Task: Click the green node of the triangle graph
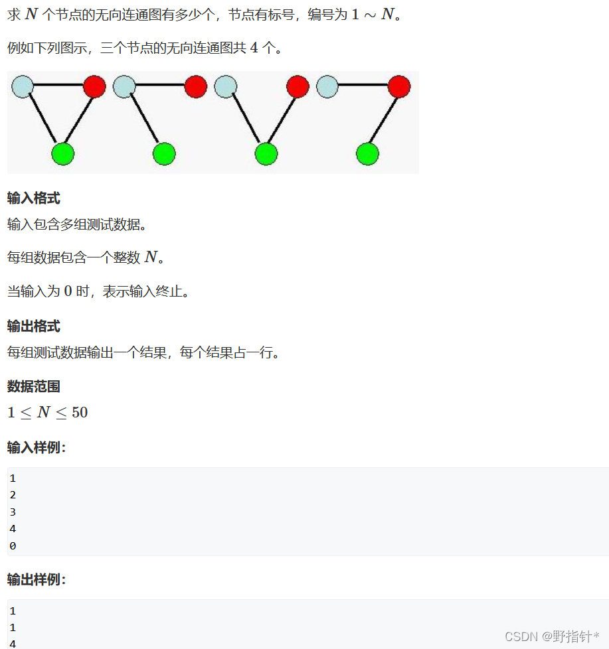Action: pyautogui.click(x=62, y=153)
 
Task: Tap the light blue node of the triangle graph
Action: pyautogui.click(x=23, y=86)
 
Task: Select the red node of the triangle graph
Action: pyautogui.click(x=94, y=86)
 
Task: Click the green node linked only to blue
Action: pyautogui.click(x=163, y=153)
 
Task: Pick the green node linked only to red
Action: pyautogui.click(x=367, y=153)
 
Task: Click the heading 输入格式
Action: pyautogui.click(x=34, y=198)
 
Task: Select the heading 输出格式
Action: pyautogui.click(x=34, y=326)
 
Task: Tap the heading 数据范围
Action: pyautogui.click(x=34, y=386)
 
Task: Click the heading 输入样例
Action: pyautogui.click(x=37, y=447)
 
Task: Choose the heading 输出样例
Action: pyautogui.click(x=37, y=579)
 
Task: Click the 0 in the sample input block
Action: pyautogui.click(x=13, y=545)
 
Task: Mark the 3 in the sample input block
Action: pyautogui.click(x=13, y=512)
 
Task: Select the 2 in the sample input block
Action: pyautogui.click(x=13, y=494)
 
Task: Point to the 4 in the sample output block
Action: pyautogui.click(x=13, y=643)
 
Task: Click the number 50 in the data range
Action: pyautogui.click(x=80, y=412)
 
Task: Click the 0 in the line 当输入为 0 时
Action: pyautogui.click(x=68, y=291)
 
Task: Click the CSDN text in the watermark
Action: pyautogui.click(x=521, y=636)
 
